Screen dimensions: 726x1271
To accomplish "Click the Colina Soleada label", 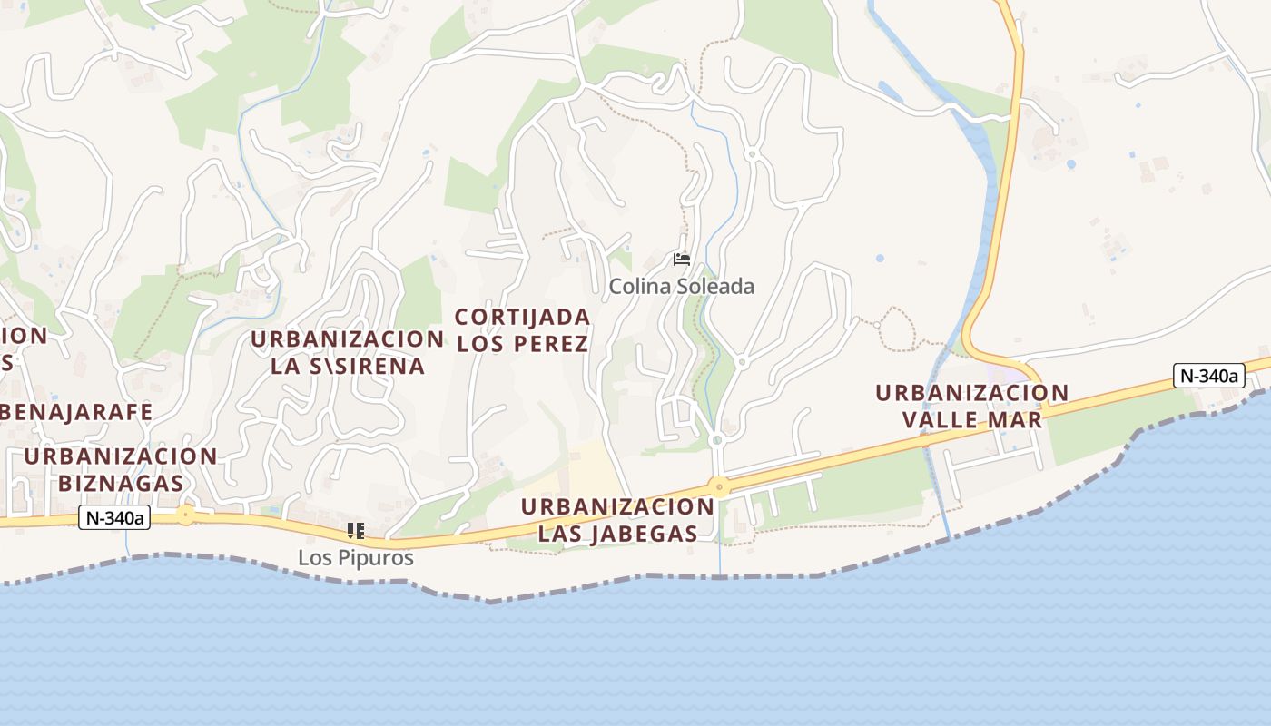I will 681,286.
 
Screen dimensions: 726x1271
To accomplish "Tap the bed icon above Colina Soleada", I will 681,260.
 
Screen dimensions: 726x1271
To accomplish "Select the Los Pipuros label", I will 356,558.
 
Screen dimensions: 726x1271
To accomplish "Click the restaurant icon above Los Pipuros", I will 355,531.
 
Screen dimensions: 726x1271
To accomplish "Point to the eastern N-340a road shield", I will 1207,376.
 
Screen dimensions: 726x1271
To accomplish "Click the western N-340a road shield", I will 114,518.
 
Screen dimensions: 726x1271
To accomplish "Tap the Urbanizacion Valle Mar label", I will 971,407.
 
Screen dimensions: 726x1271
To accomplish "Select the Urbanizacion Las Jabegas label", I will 617,520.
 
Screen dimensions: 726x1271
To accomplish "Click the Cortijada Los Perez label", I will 523,330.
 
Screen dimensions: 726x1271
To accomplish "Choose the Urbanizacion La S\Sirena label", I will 348,352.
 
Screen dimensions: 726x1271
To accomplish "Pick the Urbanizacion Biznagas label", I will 121,469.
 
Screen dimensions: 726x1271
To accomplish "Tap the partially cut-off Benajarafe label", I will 76,412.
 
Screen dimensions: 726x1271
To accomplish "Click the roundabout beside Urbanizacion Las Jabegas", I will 719,487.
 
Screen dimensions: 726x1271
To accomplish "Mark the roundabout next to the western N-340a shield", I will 186,515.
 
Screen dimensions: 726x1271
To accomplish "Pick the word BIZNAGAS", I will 121,483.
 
